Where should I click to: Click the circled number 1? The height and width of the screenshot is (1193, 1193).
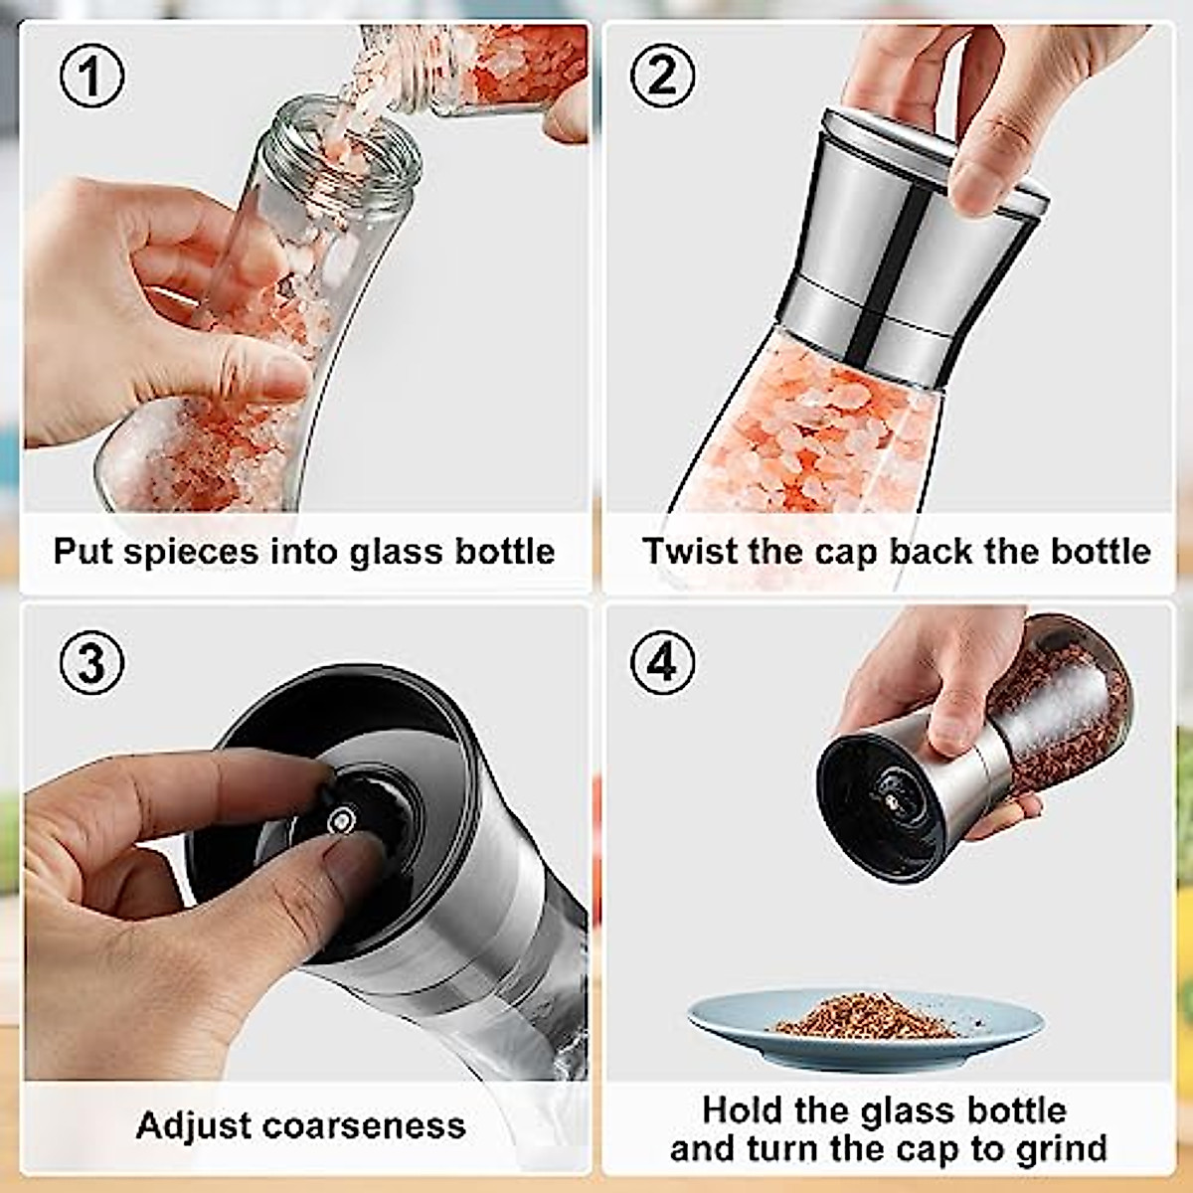point(91,77)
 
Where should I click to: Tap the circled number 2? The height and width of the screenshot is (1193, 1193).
point(662,77)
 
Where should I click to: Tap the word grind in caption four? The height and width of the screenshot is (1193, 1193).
point(1061,1148)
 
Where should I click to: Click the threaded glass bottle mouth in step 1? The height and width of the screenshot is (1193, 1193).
point(343,149)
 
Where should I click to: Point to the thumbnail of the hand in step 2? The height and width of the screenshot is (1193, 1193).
point(979,184)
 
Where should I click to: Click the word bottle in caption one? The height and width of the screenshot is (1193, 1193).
point(505,552)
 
